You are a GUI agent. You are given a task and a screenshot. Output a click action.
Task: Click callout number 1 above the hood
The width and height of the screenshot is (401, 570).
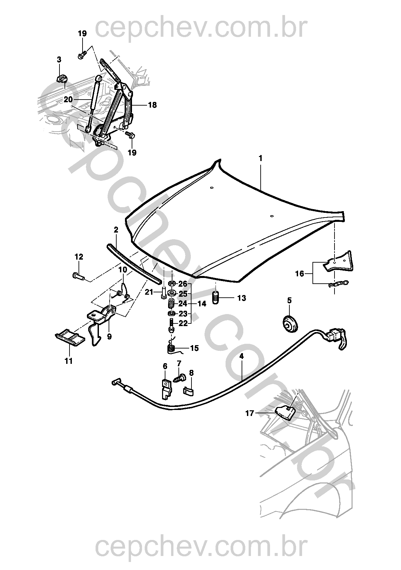pos(260,158)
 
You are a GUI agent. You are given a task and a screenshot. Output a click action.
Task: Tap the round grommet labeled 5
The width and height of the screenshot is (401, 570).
pos(290,324)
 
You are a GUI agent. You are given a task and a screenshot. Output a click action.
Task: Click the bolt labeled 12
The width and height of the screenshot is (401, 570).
pos(78,275)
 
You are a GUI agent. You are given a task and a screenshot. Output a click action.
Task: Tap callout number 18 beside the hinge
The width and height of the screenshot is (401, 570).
pos(152,105)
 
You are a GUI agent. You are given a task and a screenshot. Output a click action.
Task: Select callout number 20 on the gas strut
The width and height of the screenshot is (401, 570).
pos(68,100)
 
